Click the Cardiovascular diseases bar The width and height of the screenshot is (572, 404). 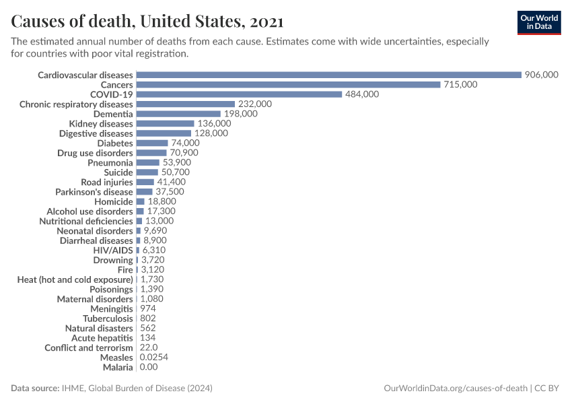coord(328,75)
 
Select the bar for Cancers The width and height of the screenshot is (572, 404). coord(288,85)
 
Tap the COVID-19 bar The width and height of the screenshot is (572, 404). coord(239,94)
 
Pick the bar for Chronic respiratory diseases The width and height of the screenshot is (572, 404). coord(185,104)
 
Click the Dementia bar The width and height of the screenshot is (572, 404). coord(178,114)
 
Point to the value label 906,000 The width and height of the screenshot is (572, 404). coord(542,75)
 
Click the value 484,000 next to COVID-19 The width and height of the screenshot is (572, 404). coord(362,94)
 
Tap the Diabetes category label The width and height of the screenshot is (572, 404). coord(115,143)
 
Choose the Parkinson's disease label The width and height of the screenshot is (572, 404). coord(94,192)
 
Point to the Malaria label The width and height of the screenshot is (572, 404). coord(118,367)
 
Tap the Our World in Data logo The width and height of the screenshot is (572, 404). coord(539,22)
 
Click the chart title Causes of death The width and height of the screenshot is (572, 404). coord(147,22)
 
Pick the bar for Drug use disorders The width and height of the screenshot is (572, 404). coord(151,153)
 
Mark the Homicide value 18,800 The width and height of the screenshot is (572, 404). coord(162,201)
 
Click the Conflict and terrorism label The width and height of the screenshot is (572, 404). coord(89,347)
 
